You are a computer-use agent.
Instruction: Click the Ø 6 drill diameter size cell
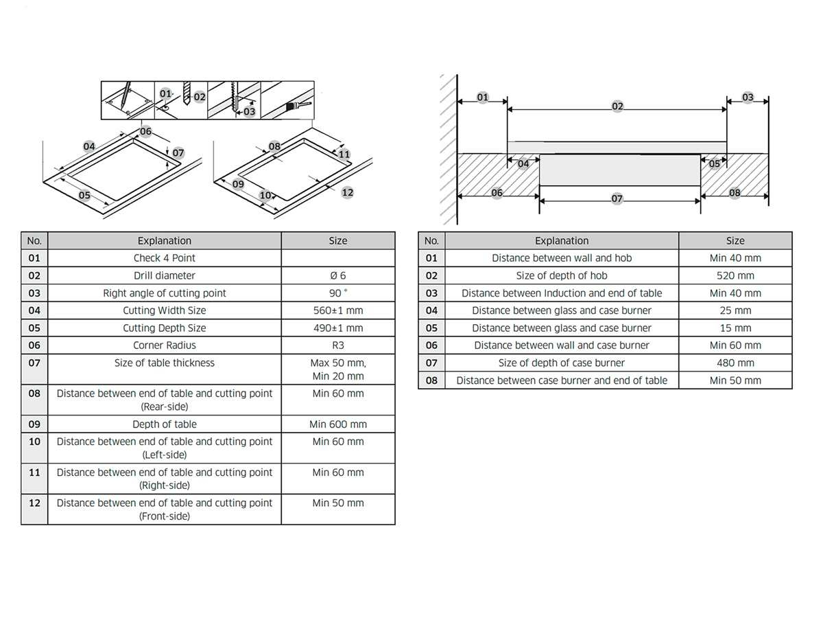[x=338, y=275]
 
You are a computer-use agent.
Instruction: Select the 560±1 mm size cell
[x=338, y=310]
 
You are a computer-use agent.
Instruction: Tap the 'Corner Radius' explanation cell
[x=164, y=345]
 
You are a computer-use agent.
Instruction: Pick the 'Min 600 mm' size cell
[x=338, y=424]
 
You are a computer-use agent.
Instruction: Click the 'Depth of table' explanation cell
[x=164, y=424]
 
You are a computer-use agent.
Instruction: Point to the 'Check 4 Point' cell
[x=164, y=257]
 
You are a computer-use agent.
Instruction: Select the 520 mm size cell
[x=735, y=275]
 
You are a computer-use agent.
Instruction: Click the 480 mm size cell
[x=735, y=363]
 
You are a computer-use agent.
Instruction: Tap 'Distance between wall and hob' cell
[x=562, y=257]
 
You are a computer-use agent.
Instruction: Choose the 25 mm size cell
[x=735, y=310]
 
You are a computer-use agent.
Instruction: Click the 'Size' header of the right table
[x=735, y=240]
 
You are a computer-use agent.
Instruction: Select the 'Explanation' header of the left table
[x=164, y=240]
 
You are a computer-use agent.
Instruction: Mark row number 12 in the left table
[x=34, y=510]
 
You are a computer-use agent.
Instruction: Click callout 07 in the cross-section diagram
[x=617, y=198]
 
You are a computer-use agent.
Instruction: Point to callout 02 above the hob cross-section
[x=617, y=106]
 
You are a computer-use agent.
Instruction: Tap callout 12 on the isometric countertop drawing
[x=348, y=192]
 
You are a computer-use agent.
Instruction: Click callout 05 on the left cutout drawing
[x=84, y=195]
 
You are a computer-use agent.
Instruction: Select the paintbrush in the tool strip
[x=298, y=106]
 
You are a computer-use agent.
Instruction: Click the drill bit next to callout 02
[x=187, y=93]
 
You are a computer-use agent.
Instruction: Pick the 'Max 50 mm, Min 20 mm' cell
[x=338, y=369]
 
